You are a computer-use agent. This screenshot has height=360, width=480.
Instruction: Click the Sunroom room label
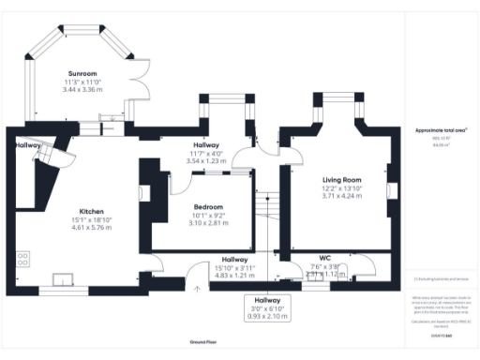82,73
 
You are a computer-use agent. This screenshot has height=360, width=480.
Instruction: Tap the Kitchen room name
91,212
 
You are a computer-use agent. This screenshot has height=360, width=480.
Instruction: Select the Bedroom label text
208,206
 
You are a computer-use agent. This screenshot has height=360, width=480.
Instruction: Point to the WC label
325,257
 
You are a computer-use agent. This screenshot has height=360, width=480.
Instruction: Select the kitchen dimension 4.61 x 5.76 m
91,230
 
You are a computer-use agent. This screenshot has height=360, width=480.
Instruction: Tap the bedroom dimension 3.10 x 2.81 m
208,223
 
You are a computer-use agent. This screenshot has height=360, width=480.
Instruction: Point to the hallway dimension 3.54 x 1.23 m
206,161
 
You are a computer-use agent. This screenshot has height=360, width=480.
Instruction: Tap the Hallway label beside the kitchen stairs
27,146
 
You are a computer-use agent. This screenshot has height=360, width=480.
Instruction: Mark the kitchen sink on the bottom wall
64,277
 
